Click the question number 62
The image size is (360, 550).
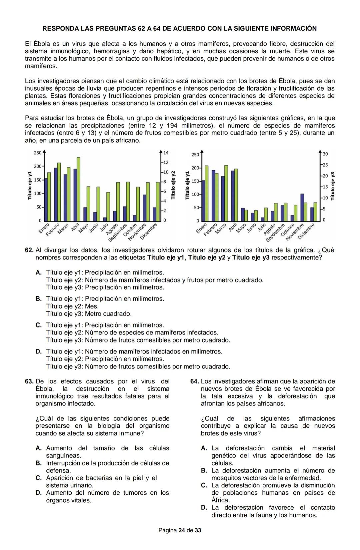click(x=29, y=250)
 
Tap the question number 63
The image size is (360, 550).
click(x=29, y=381)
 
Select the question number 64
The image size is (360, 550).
click(x=195, y=381)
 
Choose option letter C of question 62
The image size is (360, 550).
click(x=39, y=325)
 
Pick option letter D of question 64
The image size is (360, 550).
click(x=204, y=508)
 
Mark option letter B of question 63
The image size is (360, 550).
click(x=39, y=463)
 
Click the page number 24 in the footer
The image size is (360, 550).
click(x=182, y=530)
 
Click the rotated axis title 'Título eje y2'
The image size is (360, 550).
click(x=173, y=185)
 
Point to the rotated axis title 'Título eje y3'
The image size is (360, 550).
click(x=332, y=186)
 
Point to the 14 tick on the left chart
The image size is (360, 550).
click(x=166, y=153)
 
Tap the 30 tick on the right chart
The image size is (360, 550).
click(x=325, y=154)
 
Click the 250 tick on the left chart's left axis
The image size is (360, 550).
click(x=37, y=153)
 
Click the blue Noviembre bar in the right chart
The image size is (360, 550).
click(x=302, y=207)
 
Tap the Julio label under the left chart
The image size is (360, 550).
click(x=104, y=228)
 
